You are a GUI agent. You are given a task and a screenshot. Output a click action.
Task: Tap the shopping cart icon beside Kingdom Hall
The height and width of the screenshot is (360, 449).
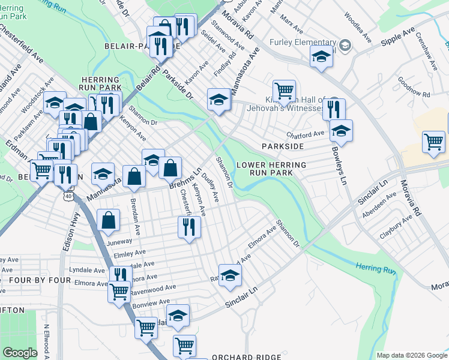(x=284, y=91)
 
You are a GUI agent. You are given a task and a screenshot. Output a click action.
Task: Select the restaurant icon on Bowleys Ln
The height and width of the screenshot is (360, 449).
(x=334, y=109)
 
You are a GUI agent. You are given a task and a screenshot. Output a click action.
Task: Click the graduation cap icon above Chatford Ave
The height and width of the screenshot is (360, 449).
(x=341, y=131)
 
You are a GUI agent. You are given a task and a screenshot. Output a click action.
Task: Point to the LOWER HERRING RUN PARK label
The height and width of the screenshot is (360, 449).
(x=271, y=169)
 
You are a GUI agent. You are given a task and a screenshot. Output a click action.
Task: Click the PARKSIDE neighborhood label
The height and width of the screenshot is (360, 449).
(x=282, y=146)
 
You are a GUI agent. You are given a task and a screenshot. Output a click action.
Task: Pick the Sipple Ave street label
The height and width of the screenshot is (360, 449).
(x=399, y=40)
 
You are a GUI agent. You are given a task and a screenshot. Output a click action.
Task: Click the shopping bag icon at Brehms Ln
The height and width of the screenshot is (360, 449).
(x=170, y=167)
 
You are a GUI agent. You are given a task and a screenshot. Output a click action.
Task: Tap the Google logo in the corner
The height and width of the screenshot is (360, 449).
(x=19, y=353)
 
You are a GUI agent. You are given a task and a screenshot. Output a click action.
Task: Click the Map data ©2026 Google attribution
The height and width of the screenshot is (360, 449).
(x=411, y=355)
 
